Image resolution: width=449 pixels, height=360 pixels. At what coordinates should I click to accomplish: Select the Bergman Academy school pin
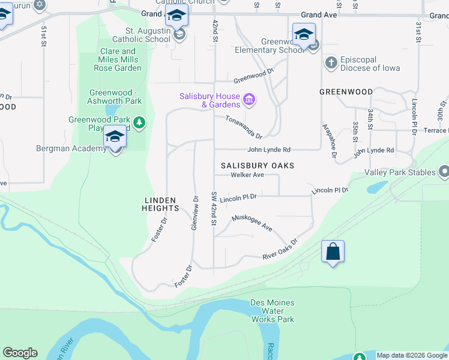115,137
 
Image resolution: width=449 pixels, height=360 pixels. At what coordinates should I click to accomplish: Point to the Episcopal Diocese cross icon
330,62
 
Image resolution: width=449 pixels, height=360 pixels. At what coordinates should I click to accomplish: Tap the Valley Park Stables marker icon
444,172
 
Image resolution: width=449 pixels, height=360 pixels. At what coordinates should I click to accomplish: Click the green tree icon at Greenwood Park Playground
139,123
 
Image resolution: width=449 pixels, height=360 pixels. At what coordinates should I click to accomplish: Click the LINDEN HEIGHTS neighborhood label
161,204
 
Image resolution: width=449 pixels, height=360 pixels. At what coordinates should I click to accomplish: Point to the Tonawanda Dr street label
244,127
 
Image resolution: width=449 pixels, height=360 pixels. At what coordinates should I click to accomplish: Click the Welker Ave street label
247,175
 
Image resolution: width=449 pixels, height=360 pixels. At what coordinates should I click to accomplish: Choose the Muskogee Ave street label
252,223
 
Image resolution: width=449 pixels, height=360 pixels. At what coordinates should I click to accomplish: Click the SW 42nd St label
213,209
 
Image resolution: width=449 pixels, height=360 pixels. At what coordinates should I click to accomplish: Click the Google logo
20,353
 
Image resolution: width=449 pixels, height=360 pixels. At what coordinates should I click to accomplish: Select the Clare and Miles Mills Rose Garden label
118,59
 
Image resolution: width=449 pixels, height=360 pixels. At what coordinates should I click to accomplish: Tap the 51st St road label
44,36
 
